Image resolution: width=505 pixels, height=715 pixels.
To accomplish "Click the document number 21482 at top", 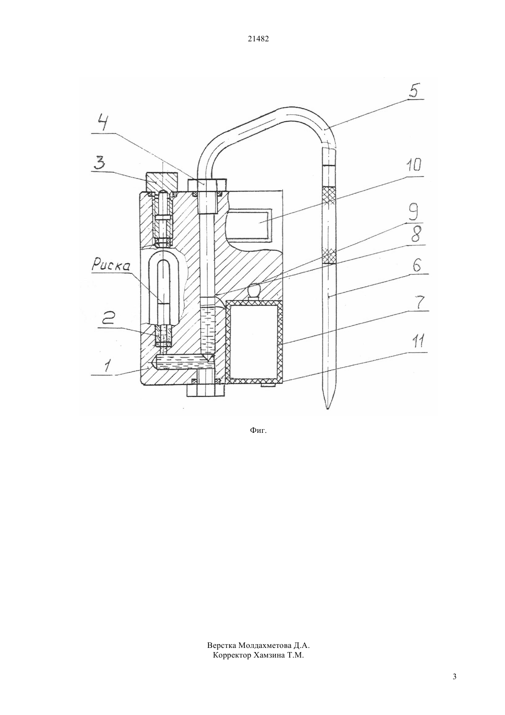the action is pyautogui.click(x=258, y=39).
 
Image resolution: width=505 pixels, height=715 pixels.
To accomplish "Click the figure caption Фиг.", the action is pyautogui.click(x=258, y=431).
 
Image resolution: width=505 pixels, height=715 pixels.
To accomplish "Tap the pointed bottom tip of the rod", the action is pyautogui.click(x=328, y=409).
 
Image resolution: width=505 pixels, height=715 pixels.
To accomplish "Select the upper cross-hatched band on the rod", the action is pyautogui.click(x=328, y=195).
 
